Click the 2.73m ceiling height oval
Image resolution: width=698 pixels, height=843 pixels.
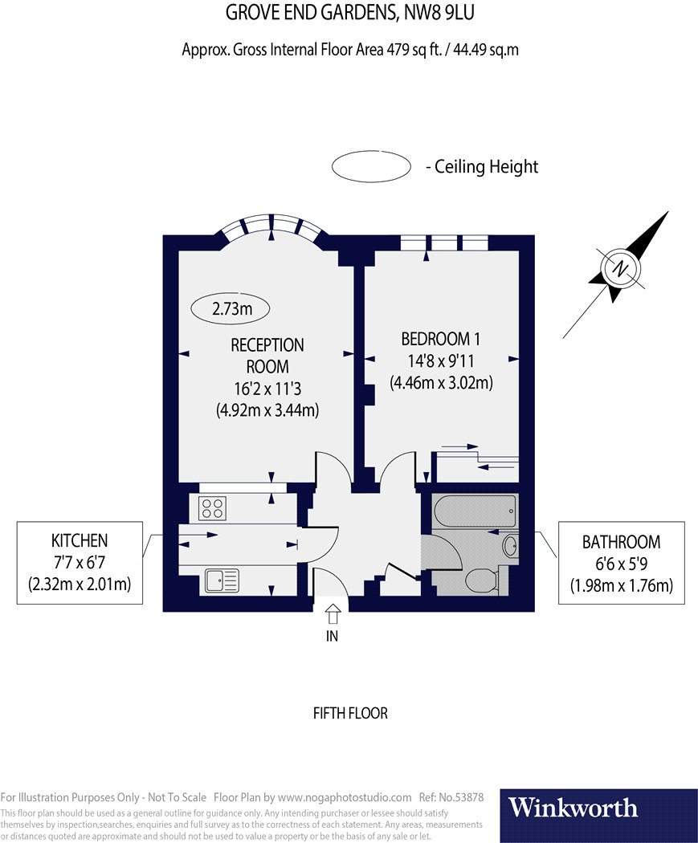230,307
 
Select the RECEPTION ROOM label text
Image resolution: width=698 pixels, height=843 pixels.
267,356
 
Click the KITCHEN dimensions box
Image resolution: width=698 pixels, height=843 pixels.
80,562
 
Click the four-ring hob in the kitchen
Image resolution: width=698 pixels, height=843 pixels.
213,507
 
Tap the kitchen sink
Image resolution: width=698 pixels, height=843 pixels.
222,580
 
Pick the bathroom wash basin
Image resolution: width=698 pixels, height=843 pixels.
510,547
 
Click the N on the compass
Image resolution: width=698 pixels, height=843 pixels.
619,269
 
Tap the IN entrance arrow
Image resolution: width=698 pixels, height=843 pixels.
333,616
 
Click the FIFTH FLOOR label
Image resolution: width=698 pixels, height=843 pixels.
349,713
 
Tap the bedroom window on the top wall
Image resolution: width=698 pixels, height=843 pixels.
444,242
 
